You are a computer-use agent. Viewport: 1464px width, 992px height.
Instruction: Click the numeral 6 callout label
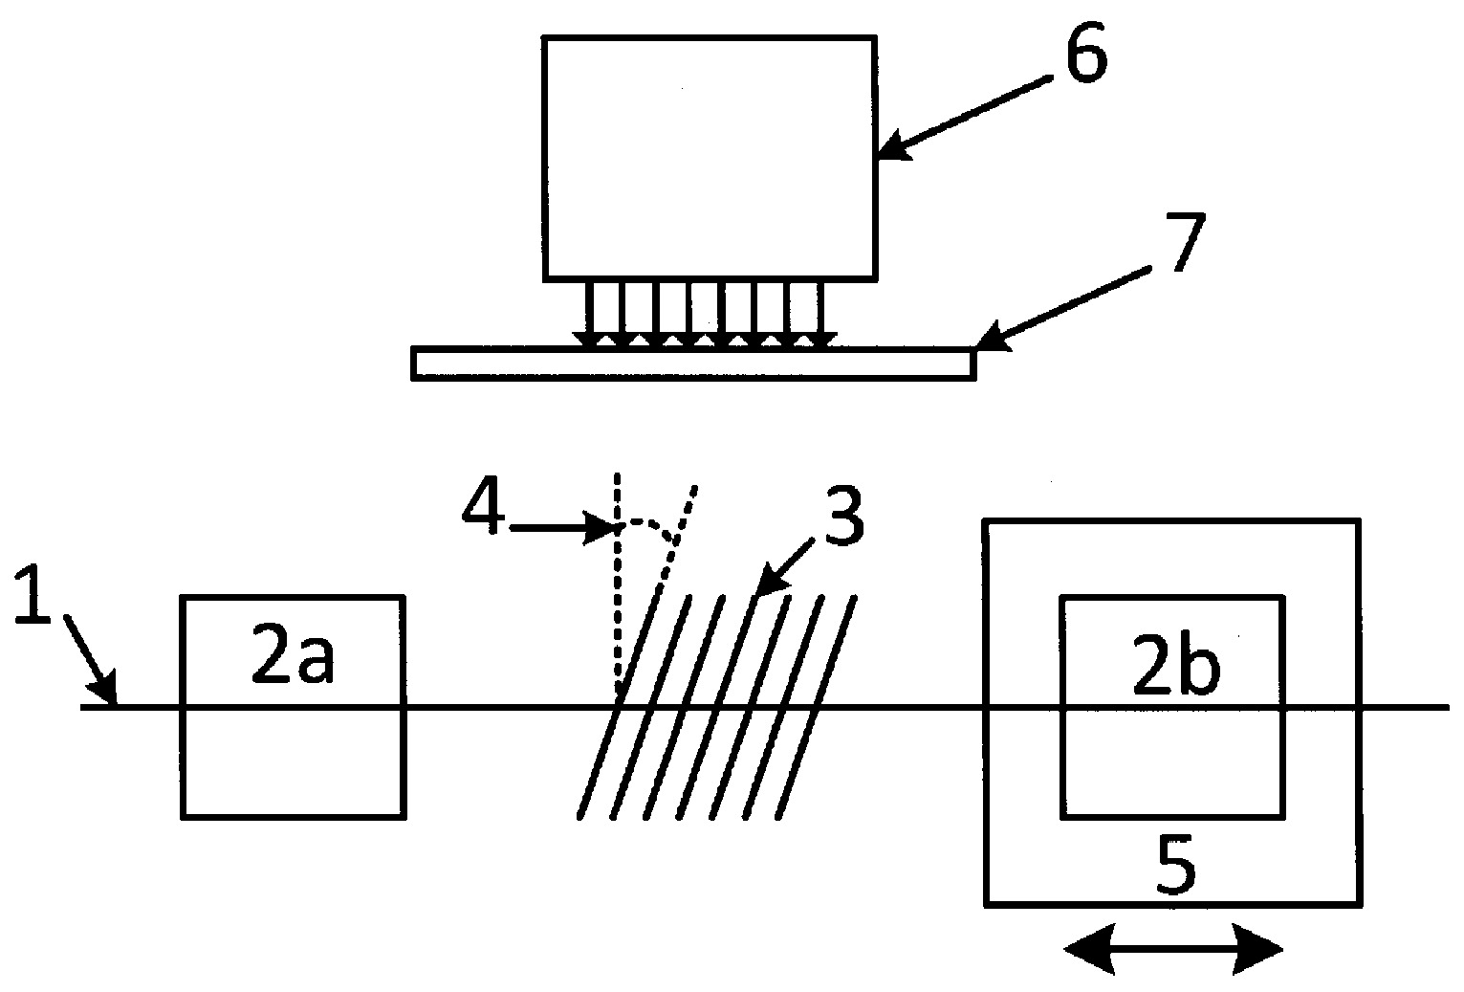coord(1087,53)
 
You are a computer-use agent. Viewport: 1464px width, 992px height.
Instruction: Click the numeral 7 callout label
coord(1182,241)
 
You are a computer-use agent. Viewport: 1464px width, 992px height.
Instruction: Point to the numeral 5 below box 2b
coord(1176,863)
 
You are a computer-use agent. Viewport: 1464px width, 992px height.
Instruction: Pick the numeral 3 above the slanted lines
coord(844,514)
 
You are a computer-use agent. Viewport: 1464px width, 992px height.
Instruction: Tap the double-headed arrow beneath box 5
coord(1174,950)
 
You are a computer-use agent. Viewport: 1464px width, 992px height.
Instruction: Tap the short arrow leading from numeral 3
coord(784,567)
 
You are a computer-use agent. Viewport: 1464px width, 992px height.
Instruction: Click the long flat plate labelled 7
coord(693,363)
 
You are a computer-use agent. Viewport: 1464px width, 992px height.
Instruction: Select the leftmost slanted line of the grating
coord(619,707)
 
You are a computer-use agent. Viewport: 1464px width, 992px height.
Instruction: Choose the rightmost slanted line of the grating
coord(816,707)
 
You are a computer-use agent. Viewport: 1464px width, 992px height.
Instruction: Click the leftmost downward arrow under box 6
coord(588,314)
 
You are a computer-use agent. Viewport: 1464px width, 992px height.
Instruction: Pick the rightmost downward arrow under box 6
coord(820,314)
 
